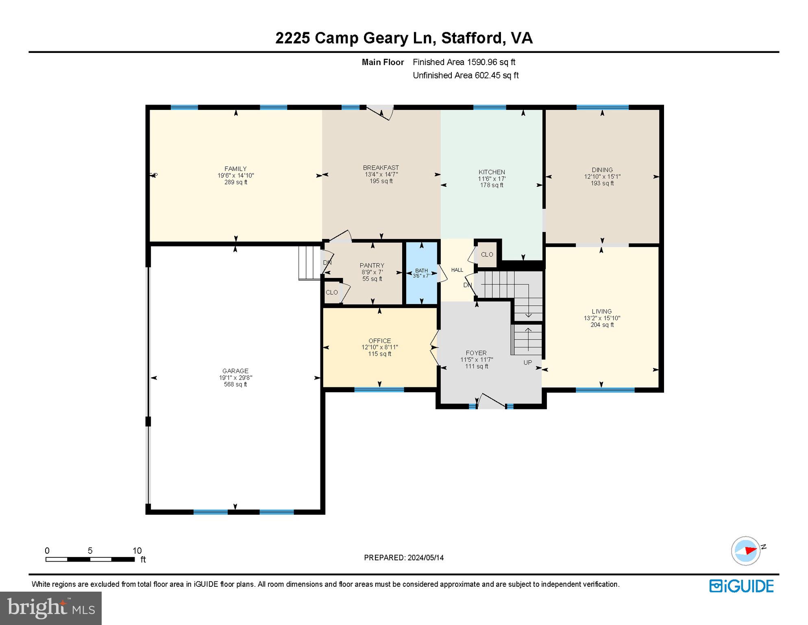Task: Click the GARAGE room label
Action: click(235, 371)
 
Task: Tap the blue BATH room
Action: click(421, 285)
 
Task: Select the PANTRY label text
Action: click(372, 265)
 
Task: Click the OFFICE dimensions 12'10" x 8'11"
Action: click(379, 347)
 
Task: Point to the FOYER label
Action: click(476, 353)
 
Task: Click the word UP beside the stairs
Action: click(527, 363)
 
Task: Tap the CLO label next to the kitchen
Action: click(487, 254)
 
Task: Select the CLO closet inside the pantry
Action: click(332, 292)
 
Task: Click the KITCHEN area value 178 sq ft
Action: click(492, 185)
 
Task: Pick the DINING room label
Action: click(602, 170)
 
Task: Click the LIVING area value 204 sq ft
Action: click(602, 325)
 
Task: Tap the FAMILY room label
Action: click(235, 168)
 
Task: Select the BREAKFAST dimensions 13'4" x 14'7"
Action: click(381, 174)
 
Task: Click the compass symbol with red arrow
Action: click(746, 551)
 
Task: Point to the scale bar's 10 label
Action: click(137, 551)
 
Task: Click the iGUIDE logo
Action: click(741, 586)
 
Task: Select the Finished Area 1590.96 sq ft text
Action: click(464, 62)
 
